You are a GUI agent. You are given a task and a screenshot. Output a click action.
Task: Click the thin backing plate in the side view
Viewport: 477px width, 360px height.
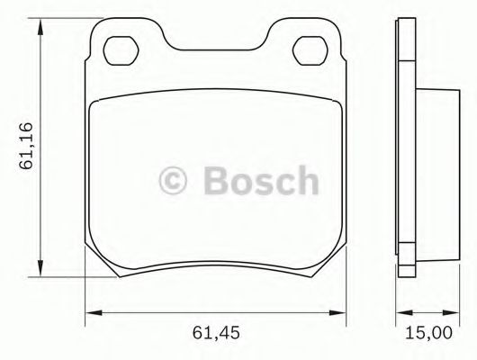404,148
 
